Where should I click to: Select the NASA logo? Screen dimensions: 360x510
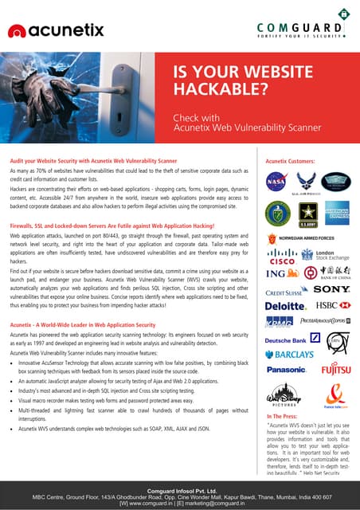click(x=277, y=181)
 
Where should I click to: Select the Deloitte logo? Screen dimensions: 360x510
click(x=285, y=305)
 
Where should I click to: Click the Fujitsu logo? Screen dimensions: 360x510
click(x=335, y=370)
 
